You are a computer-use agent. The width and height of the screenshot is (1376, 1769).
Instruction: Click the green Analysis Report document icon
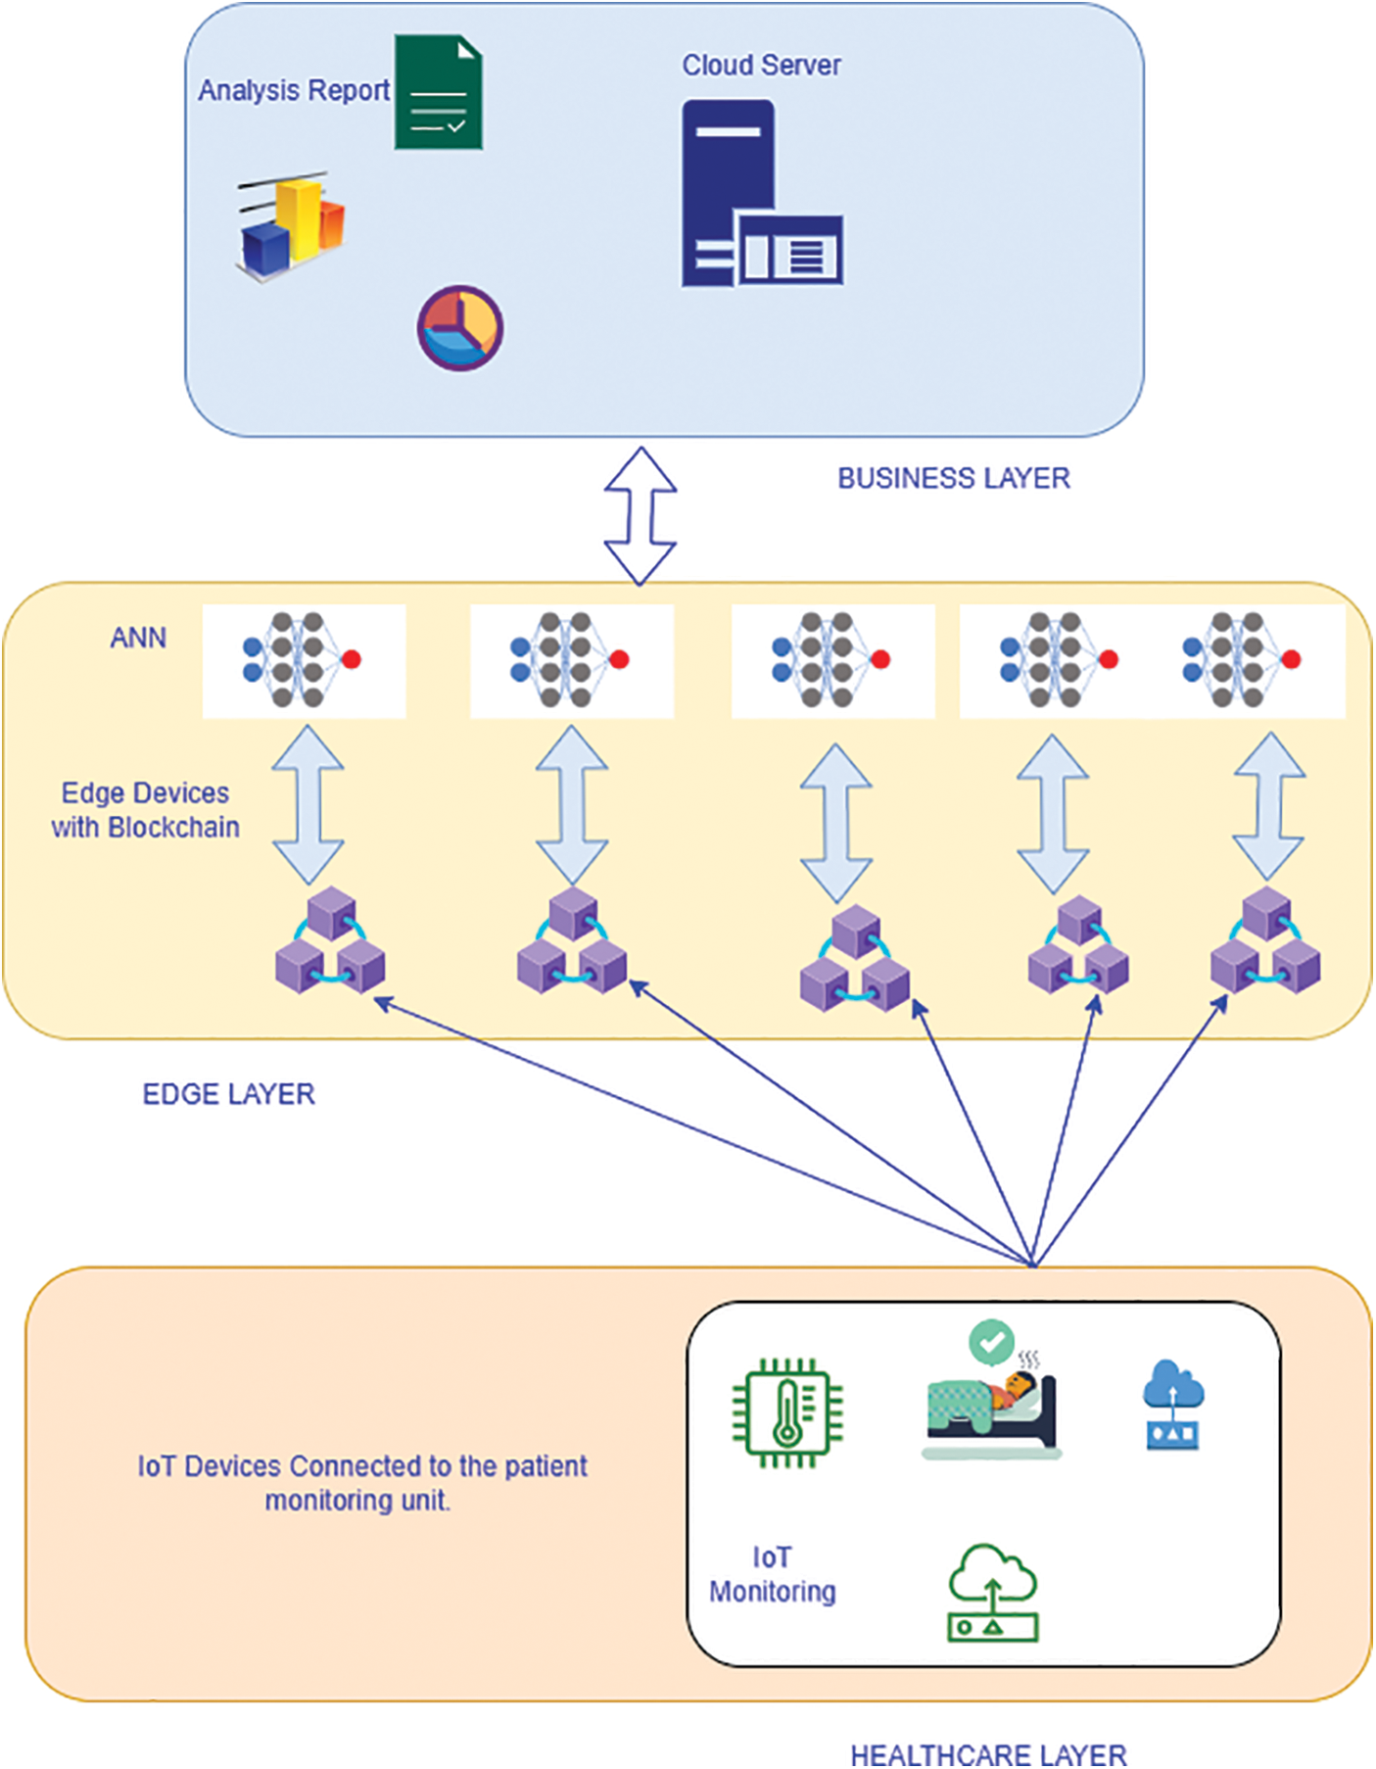click(438, 92)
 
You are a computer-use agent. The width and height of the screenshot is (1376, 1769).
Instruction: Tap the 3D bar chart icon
click(291, 226)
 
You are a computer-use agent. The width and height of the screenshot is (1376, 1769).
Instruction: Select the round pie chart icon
click(459, 328)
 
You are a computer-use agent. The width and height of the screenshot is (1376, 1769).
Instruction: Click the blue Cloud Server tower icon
click(760, 195)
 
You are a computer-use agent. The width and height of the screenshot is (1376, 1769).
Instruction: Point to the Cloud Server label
click(761, 66)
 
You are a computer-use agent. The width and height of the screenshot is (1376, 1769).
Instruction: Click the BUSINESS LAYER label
click(953, 478)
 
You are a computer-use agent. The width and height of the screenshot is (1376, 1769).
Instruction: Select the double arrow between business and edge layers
click(641, 516)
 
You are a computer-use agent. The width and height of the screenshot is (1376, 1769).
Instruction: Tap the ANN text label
click(138, 638)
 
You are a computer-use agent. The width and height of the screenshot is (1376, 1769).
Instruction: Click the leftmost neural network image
click(304, 660)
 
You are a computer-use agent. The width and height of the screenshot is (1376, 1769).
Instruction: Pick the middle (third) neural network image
click(832, 660)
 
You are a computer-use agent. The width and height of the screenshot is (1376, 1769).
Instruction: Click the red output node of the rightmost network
click(1291, 659)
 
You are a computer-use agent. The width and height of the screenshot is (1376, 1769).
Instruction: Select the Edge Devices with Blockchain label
click(146, 810)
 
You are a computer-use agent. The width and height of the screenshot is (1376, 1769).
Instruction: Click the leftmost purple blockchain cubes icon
click(330, 941)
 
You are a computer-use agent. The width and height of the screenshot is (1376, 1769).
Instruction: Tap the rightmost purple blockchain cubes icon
click(1264, 941)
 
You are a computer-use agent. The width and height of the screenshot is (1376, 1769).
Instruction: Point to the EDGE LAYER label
click(228, 1094)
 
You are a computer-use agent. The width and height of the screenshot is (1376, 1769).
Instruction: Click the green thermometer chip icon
click(788, 1412)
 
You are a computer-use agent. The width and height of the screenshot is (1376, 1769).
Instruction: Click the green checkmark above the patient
click(991, 1341)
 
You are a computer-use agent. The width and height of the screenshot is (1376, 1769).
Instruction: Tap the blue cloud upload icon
click(1173, 1404)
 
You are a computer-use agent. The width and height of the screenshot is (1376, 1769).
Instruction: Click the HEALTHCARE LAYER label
click(988, 1754)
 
